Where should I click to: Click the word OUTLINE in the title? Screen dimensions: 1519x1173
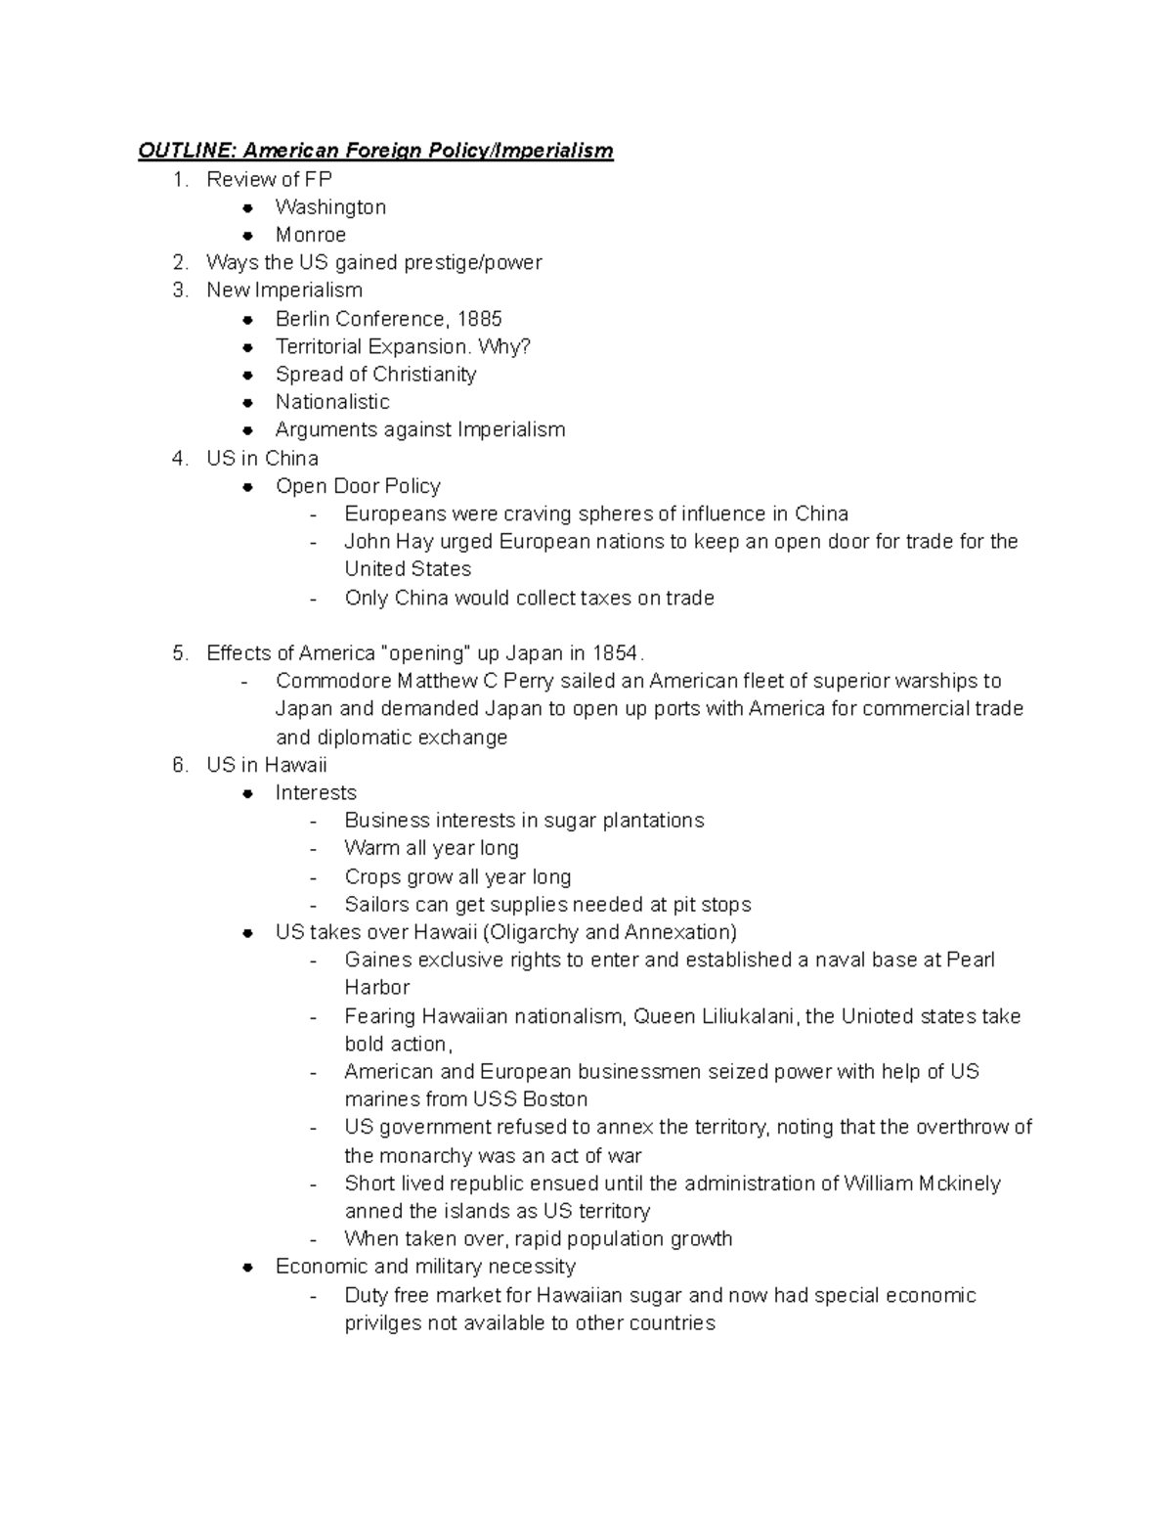187,151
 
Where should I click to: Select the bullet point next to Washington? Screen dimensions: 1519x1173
250,207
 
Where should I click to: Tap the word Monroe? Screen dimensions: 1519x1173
311,235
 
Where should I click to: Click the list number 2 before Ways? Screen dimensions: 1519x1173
179,262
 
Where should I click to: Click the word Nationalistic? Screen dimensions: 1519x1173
332,402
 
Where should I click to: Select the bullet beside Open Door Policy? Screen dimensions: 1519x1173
250,486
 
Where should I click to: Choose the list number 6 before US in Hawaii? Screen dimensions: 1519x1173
179,765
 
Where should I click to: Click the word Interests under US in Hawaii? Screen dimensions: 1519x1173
316,792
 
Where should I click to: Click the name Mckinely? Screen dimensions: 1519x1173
960,1184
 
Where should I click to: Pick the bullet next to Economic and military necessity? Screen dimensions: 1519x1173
250,1267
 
